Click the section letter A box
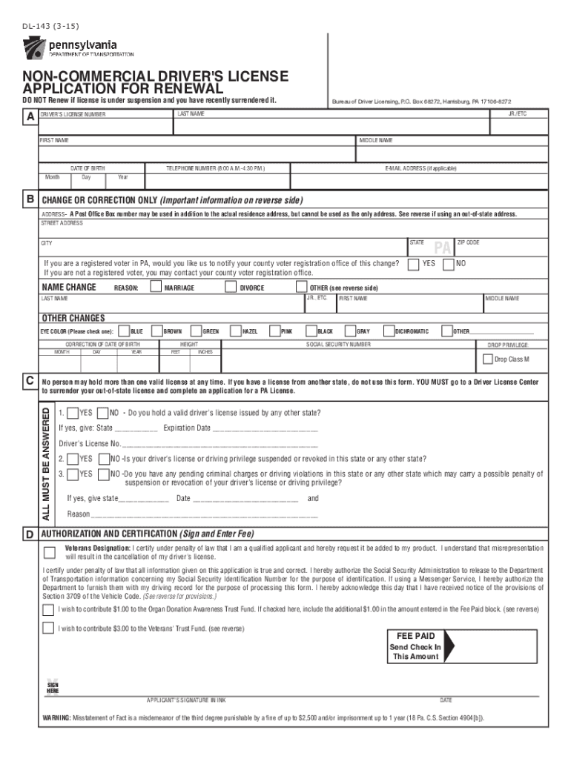30,117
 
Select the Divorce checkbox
233,288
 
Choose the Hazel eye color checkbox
234,331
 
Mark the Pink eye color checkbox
274,331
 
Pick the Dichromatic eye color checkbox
388,331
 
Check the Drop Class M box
488,359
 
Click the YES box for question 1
72,413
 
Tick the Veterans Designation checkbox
49,552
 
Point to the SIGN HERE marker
53,686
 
